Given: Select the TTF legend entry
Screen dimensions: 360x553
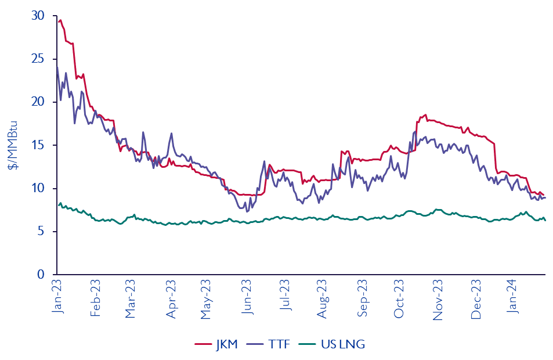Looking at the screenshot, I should tap(275, 344).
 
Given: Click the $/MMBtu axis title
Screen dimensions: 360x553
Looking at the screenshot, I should tap(13, 145).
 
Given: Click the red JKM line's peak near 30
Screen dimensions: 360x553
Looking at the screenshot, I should tap(60, 20).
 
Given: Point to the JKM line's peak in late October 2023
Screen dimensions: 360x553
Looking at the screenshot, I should tap(425, 115).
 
